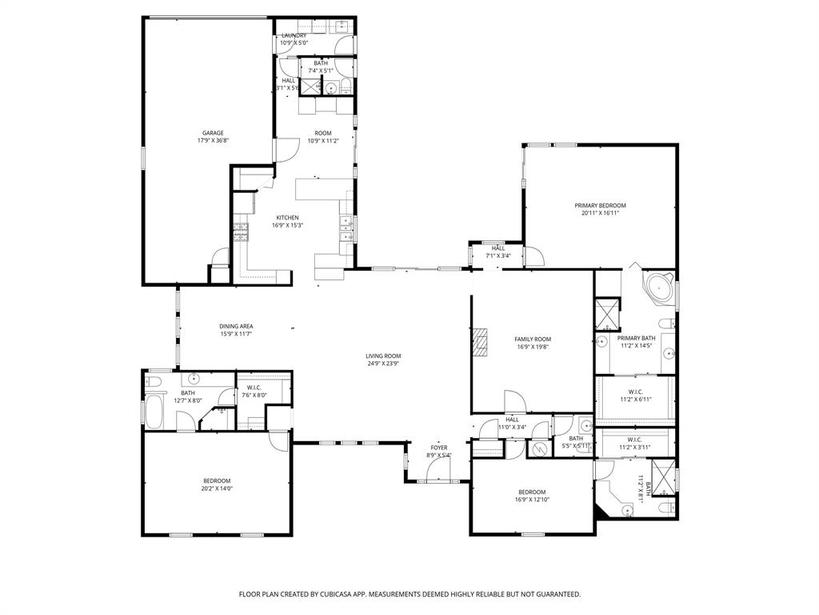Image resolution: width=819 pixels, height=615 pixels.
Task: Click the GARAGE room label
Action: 212,133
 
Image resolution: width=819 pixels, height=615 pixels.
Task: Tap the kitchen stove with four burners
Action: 241,232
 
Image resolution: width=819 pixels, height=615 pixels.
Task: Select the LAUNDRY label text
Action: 294,35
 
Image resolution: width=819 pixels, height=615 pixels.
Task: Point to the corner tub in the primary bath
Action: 660,287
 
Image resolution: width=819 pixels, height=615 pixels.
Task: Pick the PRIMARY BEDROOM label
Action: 600,206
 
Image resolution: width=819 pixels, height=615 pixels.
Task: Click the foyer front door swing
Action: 437,472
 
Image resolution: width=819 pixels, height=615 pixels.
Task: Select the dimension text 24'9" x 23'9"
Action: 383,364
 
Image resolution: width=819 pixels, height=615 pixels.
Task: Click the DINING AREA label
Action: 236,326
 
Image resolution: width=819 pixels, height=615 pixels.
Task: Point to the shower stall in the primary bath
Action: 607,314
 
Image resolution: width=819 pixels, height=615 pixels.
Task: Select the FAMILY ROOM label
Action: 532,340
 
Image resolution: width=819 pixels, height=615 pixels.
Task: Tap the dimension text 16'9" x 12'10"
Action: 532,500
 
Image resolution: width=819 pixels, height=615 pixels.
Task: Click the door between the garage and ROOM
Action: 274,150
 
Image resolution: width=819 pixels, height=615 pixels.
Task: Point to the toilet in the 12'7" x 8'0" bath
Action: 156,380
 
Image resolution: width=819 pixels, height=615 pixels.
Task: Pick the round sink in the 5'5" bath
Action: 585,425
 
